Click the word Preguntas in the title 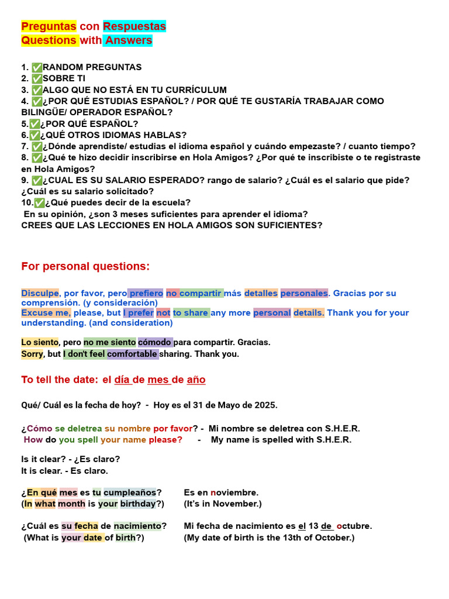(49, 26)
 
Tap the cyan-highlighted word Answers (129, 40)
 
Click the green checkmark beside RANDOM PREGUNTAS (37, 67)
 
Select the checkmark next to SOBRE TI (37, 78)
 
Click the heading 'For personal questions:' (85, 267)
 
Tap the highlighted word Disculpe (40, 293)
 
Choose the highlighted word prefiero (146, 293)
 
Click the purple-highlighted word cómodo (154, 342)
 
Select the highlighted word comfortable (132, 354)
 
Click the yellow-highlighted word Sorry (32, 354)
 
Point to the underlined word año (196, 380)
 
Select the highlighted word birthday (139, 504)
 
